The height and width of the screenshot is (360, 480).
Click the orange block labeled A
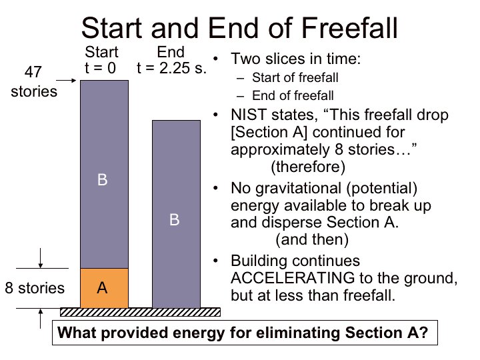(105, 288)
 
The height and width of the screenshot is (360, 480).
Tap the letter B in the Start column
(102, 180)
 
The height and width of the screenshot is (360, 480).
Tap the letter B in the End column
(175, 220)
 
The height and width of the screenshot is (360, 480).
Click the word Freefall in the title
(349, 28)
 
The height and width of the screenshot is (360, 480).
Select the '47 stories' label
(34, 82)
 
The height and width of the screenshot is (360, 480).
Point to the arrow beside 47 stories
(66, 81)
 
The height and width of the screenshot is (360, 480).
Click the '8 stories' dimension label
(35, 288)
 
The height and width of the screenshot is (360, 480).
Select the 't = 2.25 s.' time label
(171, 68)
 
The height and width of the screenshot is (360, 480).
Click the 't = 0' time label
(101, 68)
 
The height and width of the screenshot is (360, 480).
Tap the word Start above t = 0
(101, 52)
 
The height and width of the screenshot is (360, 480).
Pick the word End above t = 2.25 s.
(171, 52)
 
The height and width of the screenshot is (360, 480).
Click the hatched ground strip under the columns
(140, 312)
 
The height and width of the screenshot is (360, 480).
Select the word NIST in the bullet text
(249, 115)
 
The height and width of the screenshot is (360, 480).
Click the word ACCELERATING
(293, 278)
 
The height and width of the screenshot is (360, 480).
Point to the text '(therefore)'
(308, 167)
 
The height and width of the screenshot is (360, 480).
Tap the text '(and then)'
(312, 239)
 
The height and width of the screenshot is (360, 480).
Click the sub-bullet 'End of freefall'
(293, 95)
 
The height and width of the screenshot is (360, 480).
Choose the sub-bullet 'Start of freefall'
(295, 77)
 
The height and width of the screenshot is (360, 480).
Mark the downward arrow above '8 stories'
(41, 258)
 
